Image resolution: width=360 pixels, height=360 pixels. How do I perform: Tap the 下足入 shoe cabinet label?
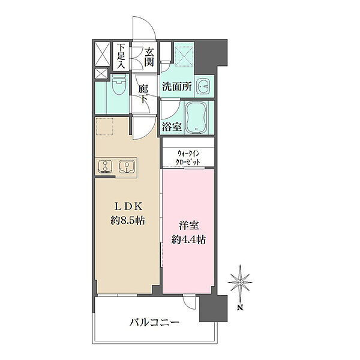tap(121, 56)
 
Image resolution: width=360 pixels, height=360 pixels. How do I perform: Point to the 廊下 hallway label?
tap(143, 94)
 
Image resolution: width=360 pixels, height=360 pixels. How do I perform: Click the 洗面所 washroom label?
tap(177, 86)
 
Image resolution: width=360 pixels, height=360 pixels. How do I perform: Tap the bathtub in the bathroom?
tap(197, 118)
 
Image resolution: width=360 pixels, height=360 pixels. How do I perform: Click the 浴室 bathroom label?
tap(172, 127)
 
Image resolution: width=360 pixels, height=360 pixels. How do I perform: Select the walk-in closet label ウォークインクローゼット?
tap(188, 158)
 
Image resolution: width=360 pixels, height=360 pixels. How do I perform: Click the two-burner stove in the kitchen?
tap(105, 166)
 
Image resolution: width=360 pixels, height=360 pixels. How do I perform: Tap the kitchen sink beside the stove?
tap(126, 166)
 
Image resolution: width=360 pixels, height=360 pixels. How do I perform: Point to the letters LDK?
tap(128, 206)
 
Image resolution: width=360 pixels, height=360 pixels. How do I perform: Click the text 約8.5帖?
tap(128, 221)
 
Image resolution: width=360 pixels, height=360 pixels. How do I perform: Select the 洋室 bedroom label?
tap(189, 226)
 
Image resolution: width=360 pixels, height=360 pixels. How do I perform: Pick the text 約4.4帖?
tap(188, 239)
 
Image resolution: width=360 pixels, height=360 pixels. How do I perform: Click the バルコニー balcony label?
tap(154, 323)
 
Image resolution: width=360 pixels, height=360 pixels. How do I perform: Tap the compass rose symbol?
tap(240, 282)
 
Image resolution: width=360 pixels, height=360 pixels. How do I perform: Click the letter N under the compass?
tap(240, 307)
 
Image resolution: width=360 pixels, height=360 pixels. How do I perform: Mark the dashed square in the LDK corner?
tap(105, 126)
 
